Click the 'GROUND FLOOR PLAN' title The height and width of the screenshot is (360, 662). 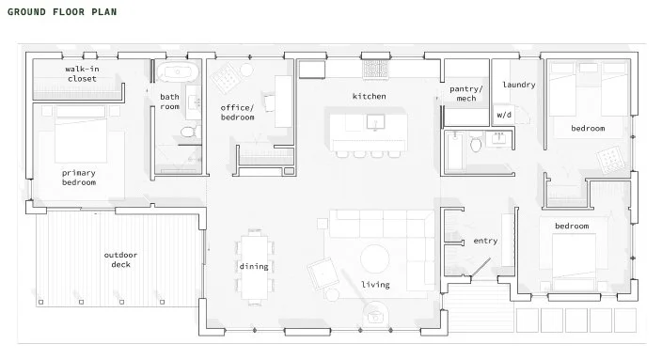point(62,12)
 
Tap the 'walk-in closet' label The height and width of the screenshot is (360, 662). point(82,74)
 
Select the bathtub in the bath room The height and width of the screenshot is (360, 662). point(178,72)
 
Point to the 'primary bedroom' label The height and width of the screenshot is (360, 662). point(79,178)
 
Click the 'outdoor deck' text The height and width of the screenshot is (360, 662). point(120,259)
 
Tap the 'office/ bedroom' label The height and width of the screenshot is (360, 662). point(237,113)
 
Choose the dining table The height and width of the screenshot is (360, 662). point(254,267)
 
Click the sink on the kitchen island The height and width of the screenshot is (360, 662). point(375,122)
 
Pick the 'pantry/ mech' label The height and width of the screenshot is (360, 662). point(466,94)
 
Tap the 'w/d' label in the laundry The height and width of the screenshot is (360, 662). point(504,115)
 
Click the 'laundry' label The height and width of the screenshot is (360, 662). point(519,85)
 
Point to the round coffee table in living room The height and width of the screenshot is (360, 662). point(375,258)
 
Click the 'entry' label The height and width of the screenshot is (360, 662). point(485,241)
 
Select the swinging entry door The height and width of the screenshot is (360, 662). point(481,268)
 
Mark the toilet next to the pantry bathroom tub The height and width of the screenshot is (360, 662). point(476,144)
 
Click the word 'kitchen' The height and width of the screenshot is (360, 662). point(370,96)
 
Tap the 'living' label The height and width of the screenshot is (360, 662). point(375,285)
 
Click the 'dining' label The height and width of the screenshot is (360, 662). point(254,266)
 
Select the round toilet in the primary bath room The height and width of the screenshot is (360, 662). point(188,133)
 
